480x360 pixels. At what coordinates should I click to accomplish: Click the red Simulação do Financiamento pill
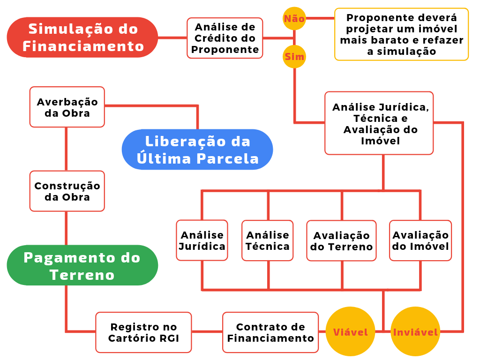[82, 37]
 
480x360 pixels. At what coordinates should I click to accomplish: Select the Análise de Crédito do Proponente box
[225, 38]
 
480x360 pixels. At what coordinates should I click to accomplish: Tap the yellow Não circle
[294, 19]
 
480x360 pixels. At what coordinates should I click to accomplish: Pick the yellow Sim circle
[294, 57]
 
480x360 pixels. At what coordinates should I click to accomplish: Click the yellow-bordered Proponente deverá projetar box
[401, 34]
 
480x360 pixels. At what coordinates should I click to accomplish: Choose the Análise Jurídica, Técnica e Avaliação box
[379, 123]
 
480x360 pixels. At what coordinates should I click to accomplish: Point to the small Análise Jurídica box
[202, 240]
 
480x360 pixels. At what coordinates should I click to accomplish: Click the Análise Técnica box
[268, 240]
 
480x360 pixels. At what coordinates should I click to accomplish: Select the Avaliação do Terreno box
[341, 241]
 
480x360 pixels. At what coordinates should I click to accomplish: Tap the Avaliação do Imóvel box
[420, 240]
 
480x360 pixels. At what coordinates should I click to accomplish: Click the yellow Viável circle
[350, 332]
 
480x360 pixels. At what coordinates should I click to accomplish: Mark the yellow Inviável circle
[415, 332]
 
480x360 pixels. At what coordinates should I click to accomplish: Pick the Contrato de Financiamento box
[270, 332]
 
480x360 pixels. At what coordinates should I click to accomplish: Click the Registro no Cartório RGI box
[144, 332]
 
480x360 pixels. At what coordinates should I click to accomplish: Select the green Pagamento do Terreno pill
[82, 265]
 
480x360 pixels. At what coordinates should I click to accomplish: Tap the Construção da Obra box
[67, 191]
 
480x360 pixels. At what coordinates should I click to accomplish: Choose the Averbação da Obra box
[67, 107]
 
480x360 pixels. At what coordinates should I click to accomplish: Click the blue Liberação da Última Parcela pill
[197, 150]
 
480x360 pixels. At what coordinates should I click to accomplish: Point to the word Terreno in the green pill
[82, 275]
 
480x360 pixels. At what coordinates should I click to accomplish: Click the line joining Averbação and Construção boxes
[66, 149]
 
